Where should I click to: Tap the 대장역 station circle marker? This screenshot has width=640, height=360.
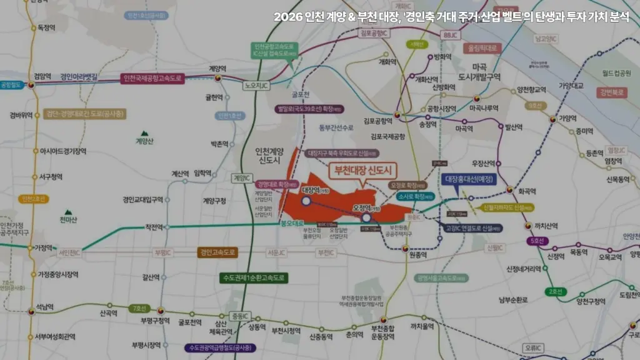(x=306, y=201)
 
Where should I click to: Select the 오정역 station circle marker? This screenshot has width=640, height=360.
(x=366, y=217)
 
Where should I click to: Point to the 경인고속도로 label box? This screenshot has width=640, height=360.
(x=217, y=252)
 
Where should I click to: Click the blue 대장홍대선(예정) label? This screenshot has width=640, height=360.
(x=469, y=179)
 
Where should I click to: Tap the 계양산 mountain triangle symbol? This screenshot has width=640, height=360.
(x=144, y=133)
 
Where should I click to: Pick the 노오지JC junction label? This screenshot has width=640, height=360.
(x=256, y=86)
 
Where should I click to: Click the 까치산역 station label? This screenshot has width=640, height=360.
(x=546, y=226)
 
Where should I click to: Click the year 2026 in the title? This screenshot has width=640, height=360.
(x=287, y=17)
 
